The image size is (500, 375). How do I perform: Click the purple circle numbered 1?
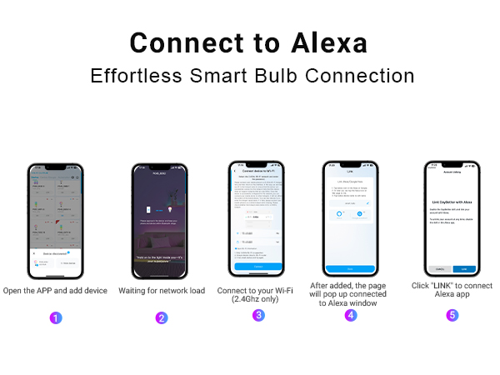tap(56, 317)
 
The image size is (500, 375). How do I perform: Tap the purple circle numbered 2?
tap(162, 317)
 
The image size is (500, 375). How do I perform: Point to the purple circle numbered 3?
tap(258, 315)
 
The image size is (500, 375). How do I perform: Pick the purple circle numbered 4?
tap(351, 315)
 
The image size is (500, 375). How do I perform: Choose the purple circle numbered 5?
tap(452, 315)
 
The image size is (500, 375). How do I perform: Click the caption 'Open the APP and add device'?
tap(55, 290)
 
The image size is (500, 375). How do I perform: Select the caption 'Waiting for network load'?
tap(162, 290)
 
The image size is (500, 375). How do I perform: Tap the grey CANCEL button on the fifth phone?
tap(438, 268)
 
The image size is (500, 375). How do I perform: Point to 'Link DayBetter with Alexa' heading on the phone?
tap(451, 202)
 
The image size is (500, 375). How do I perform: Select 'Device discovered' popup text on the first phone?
tap(52, 252)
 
